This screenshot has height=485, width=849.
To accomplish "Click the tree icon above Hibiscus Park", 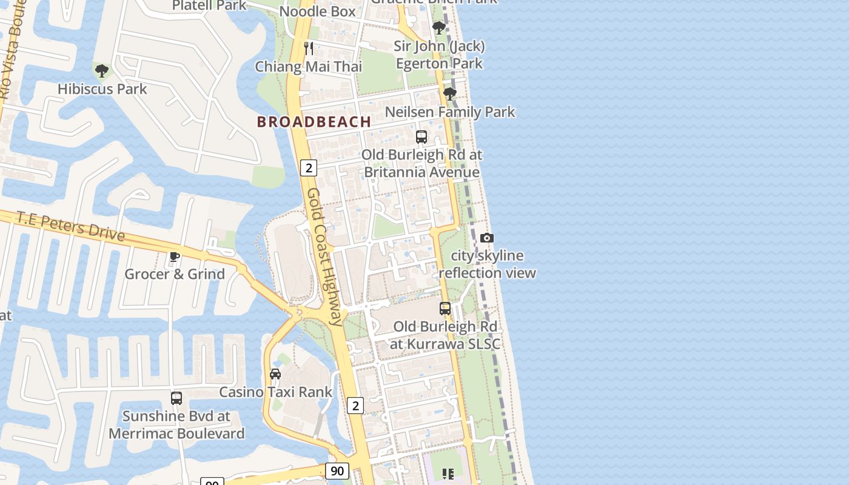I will pos(102,71).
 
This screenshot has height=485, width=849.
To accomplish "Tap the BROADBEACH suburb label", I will pos(314,122).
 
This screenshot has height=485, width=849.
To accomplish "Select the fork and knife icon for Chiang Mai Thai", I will pos(309,48).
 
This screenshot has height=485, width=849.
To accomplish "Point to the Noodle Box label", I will pos(317,12).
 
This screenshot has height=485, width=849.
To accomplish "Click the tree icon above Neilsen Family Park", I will pos(449,93).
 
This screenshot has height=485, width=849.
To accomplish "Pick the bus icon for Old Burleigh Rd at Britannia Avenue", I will pos(421,136).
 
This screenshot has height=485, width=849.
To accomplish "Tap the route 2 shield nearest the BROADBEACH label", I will pos(309,168).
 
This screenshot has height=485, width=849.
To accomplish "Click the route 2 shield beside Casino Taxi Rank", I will pos(355,405).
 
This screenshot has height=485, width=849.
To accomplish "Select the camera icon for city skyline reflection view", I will pos(487,238).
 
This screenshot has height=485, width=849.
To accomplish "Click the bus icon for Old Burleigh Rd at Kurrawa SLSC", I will pos(445,309).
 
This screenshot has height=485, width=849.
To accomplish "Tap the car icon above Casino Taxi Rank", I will pos(275,373).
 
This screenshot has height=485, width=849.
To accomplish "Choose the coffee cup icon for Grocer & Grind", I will pos(175,256).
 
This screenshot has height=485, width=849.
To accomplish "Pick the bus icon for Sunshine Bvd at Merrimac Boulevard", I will pos(176,398).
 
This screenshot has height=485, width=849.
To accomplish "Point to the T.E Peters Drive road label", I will pos(70,226).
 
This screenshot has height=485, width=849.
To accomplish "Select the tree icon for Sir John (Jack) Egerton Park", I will pos(438,27).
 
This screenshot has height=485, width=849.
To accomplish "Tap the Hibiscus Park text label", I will pos(102,89).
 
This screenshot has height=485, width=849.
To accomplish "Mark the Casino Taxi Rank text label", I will pos(275,392).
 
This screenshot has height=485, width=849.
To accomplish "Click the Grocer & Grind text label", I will pos(175,274).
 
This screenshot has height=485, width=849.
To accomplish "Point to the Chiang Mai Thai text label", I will pos(308,67).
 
